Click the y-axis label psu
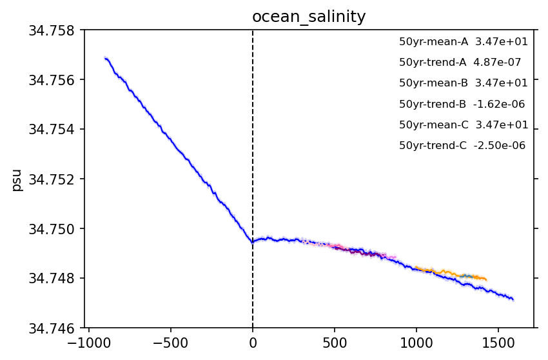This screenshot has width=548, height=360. click(17, 179)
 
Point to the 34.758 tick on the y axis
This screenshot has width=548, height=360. click(54, 30)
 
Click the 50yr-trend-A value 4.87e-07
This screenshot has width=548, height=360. click(497, 63)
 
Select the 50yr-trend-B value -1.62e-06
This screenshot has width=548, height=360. click(499, 104)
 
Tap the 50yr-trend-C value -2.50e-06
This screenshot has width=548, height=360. click(500, 146)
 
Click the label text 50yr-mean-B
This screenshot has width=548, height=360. click(433, 83)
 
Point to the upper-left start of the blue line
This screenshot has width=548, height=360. click(105, 57)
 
